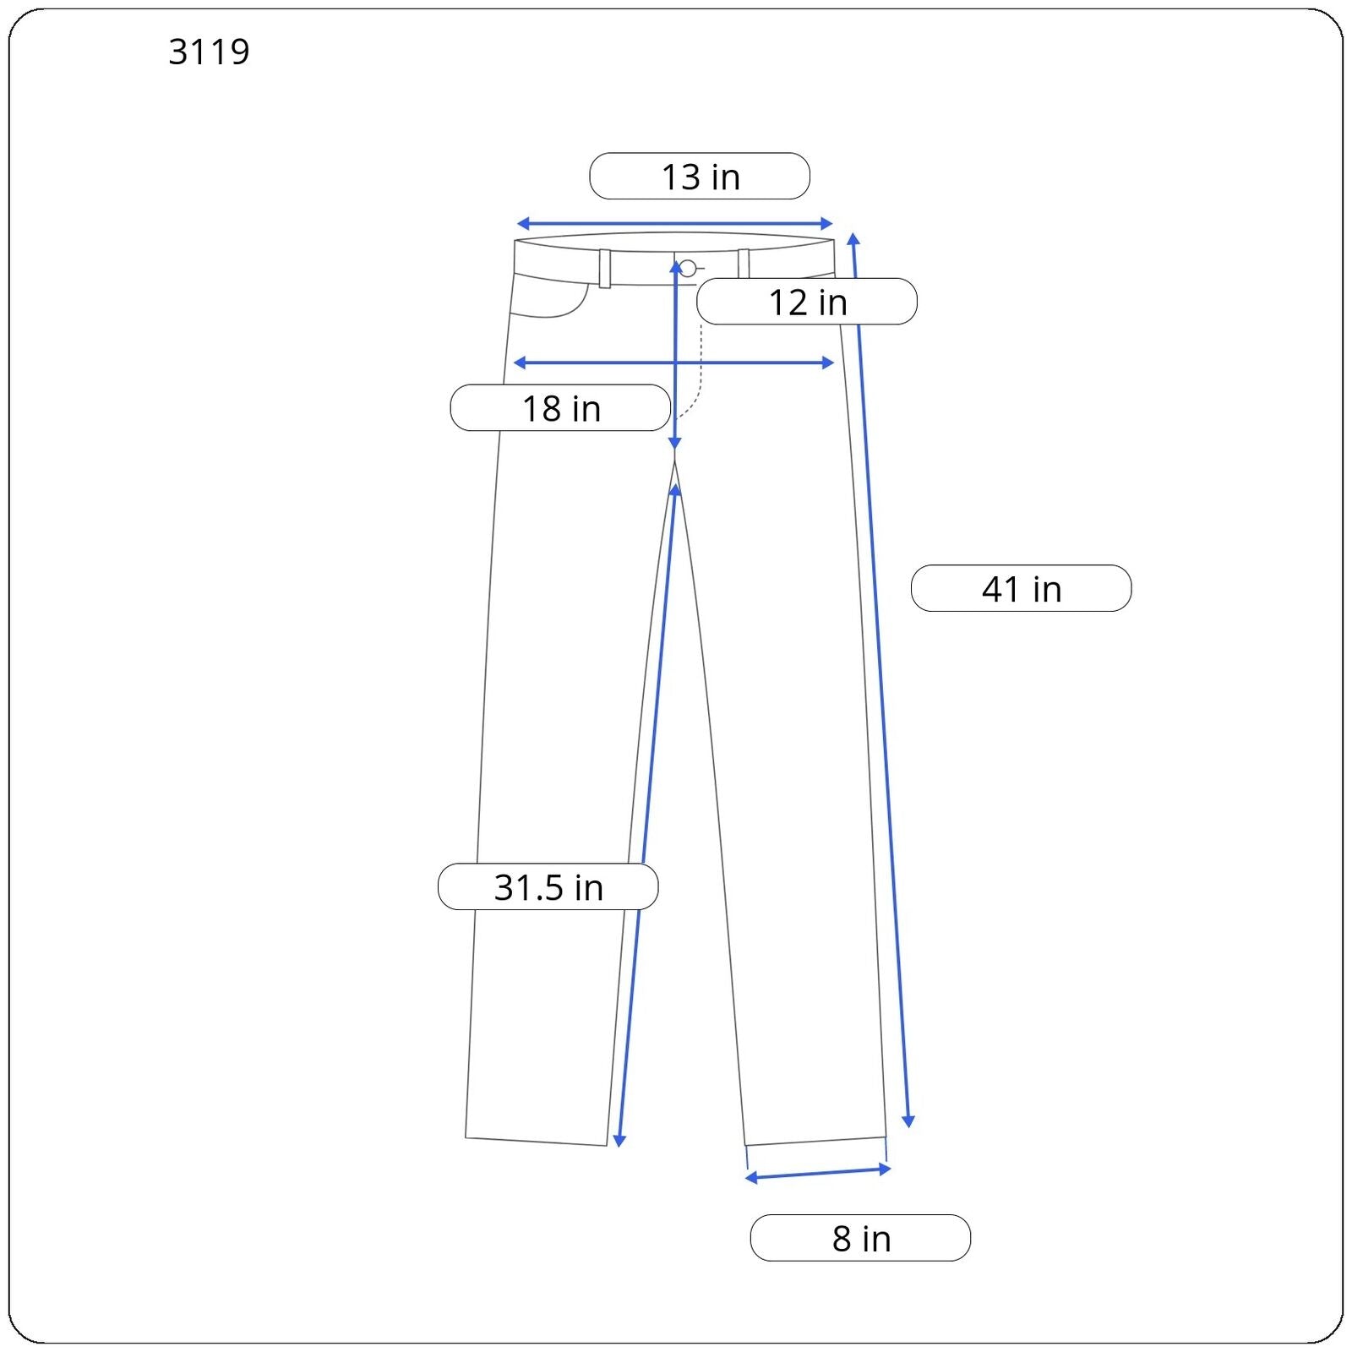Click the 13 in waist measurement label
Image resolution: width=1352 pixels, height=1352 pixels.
[x=700, y=177]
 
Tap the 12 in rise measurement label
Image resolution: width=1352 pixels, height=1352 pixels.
[x=807, y=302]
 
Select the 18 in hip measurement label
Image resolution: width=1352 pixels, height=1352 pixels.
[x=561, y=408]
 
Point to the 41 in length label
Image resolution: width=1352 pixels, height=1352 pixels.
[x=1021, y=588]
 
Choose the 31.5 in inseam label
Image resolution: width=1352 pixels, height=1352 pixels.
[x=548, y=886]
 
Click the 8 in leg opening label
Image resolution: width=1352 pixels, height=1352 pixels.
[x=860, y=1238]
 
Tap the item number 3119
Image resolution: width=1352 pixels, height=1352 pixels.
[x=209, y=52]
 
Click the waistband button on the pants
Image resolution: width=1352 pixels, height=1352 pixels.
[x=688, y=269]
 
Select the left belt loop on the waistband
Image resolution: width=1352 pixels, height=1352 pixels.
[x=605, y=269]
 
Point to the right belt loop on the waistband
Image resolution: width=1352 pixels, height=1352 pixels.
[x=744, y=264]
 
